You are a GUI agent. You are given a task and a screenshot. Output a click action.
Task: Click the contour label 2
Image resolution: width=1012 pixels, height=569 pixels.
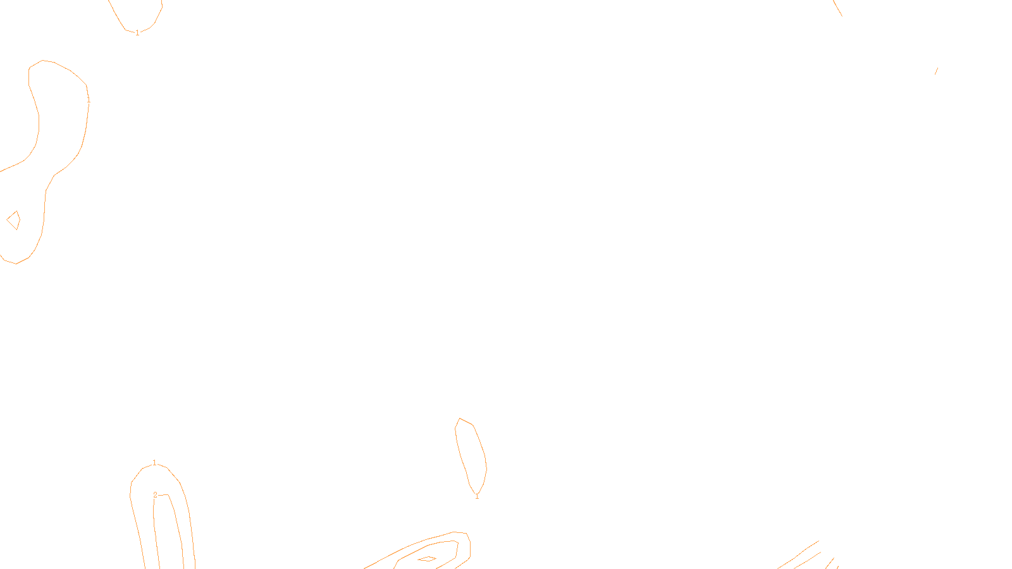point(155,495)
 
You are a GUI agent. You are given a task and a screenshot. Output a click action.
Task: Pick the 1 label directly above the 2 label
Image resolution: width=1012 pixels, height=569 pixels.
point(154,463)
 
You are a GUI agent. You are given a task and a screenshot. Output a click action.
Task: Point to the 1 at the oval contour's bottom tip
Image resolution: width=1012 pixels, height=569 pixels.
point(477,496)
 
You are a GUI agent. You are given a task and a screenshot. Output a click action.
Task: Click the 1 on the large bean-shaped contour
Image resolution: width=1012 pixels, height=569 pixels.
point(89,100)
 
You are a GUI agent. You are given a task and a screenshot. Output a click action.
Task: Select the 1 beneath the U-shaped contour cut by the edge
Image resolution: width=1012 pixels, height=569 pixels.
point(137,33)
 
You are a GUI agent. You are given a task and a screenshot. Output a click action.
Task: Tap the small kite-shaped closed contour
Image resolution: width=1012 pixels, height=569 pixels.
point(13,220)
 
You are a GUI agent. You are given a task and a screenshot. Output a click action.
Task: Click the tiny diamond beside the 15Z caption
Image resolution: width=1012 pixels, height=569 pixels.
point(428,559)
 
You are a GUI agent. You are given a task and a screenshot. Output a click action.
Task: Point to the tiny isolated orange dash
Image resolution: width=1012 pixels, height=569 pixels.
point(936,71)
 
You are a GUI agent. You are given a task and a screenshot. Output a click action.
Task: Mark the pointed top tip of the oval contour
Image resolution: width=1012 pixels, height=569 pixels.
point(460,419)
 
